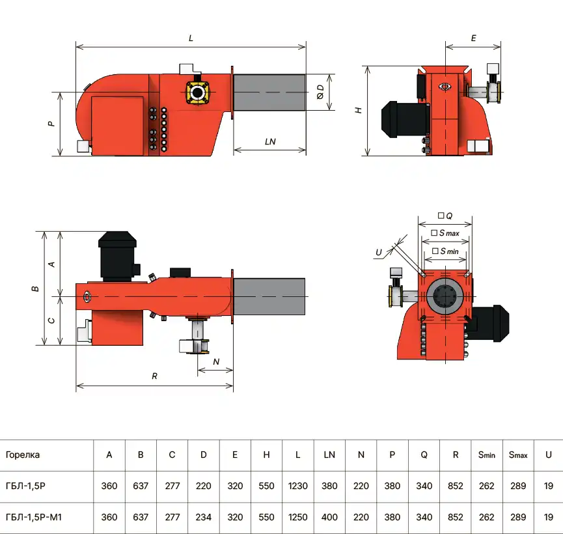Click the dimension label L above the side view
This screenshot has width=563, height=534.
tap(191, 38)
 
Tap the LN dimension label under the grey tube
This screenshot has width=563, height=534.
tap(270, 141)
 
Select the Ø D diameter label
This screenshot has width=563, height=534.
tap(320, 92)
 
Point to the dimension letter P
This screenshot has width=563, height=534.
tap(51, 123)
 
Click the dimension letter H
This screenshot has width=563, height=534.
tap(358, 111)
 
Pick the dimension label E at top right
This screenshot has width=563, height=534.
tap(473, 38)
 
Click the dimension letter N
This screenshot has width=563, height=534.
tap(216, 361)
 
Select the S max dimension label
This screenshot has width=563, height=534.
tap(445, 232)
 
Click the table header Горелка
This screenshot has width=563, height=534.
tap(23, 455)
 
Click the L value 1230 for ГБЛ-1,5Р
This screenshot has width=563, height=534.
tap(297, 486)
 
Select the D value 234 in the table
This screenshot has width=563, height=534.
tap(204, 517)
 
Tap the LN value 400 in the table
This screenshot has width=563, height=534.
tap(329, 517)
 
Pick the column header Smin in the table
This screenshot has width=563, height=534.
tap(486, 455)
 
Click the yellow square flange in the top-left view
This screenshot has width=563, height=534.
tap(198, 92)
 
